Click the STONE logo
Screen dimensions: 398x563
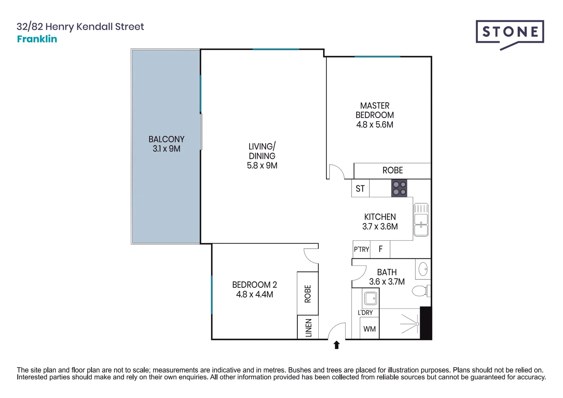point(510,32)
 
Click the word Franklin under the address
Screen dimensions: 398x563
point(37,39)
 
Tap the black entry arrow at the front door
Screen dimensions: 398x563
point(336,345)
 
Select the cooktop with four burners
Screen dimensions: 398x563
point(399,188)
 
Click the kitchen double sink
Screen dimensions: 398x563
point(421,220)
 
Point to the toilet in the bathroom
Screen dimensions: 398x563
point(420,291)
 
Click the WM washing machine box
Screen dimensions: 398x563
point(369,329)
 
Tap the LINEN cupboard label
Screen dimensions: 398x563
point(308,328)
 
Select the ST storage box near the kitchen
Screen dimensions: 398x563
point(360,189)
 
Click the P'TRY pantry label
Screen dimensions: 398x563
point(361,249)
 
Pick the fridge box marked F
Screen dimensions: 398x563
point(381,249)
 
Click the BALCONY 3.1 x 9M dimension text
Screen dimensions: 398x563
point(167,149)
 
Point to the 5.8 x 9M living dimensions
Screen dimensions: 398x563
point(262,166)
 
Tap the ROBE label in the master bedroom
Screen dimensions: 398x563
point(392,171)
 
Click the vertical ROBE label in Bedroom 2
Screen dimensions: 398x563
point(308,294)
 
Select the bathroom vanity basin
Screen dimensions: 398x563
point(423,269)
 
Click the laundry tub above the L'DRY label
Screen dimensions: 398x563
point(370,298)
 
